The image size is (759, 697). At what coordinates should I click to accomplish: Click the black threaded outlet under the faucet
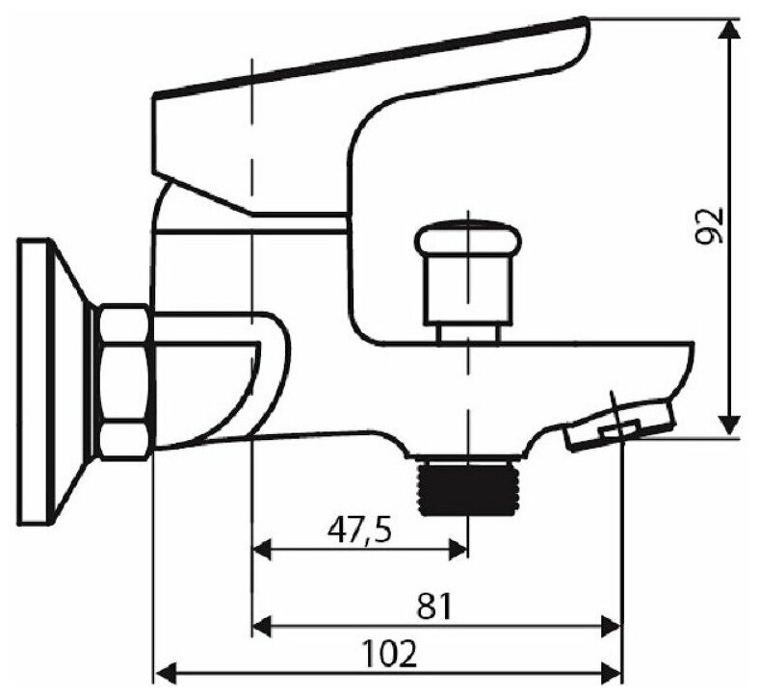pyautogui.click(x=469, y=486)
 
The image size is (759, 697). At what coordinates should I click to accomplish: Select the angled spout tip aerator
pyautogui.click(x=619, y=424)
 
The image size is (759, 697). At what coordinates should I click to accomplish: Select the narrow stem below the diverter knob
pyautogui.click(x=468, y=331)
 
